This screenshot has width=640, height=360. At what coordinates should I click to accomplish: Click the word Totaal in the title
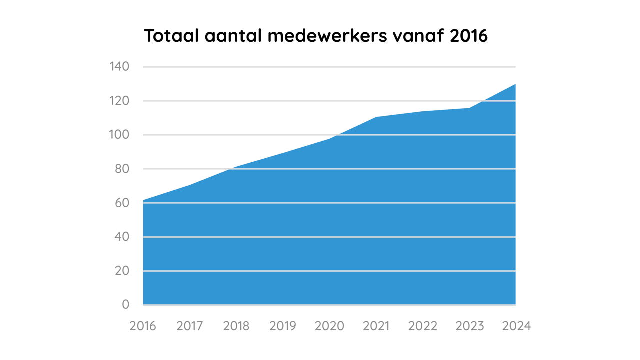point(171,36)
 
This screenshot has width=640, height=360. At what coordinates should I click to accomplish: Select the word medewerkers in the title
point(327,36)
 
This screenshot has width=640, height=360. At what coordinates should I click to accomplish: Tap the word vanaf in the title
point(419,36)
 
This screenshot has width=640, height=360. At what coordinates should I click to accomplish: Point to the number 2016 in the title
point(469,36)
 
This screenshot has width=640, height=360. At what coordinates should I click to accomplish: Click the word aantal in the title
point(233,36)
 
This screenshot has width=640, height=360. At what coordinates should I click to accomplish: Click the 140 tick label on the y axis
point(119,67)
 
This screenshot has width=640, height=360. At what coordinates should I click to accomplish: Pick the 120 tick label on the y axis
point(119,101)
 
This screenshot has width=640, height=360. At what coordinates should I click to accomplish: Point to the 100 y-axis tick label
point(119,135)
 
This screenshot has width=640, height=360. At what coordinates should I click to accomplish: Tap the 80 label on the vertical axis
point(122,169)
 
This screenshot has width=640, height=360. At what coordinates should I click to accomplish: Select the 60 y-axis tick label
point(122,203)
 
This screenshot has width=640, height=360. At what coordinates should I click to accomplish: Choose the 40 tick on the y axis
point(122,237)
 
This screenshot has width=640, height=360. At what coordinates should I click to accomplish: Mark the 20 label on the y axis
point(122,271)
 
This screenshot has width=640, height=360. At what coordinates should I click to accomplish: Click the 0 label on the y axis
point(125,305)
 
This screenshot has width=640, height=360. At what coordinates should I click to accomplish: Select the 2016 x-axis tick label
point(143,326)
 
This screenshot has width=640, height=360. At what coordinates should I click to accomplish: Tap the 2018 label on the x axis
point(236,326)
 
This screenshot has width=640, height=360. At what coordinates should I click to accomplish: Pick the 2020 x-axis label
point(329,326)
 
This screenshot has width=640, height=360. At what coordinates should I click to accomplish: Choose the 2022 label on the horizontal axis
point(423,326)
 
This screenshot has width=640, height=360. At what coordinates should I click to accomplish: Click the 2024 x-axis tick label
point(516,326)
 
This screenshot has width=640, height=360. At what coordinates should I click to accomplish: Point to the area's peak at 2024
point(515,84)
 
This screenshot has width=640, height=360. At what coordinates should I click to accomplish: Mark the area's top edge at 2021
point(376,117)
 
